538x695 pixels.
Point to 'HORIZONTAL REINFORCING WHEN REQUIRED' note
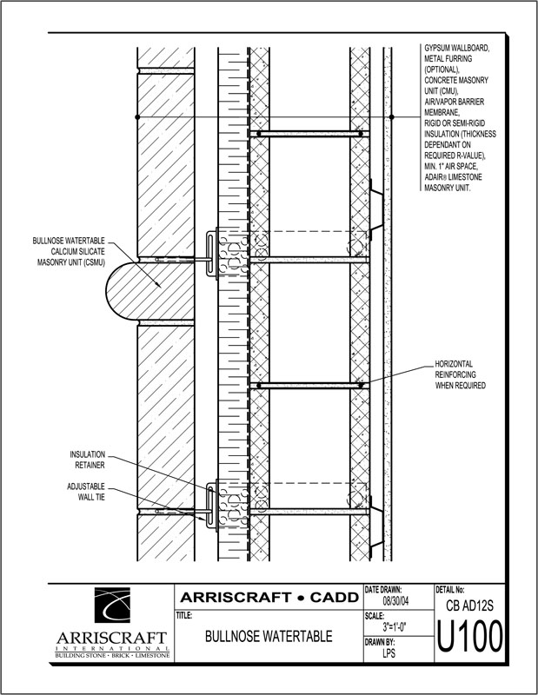(x=460, y=374)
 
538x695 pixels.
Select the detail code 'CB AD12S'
(x=469, y=606)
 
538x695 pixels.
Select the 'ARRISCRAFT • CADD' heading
(x=269, y=597)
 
